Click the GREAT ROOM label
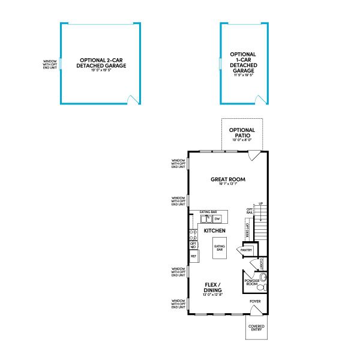point(228,179)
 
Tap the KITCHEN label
point(214,230)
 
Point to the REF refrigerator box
point(194,256)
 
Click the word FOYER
point(256,302)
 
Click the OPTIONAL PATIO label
point(242,133)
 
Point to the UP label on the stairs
point(260,204)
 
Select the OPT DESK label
point(247,229)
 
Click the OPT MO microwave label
point(193,245)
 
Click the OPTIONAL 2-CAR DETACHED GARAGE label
point(101,63)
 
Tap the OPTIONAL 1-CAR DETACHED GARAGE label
point(243,62)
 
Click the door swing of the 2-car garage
point(131,98)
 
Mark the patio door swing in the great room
point(254,154)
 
